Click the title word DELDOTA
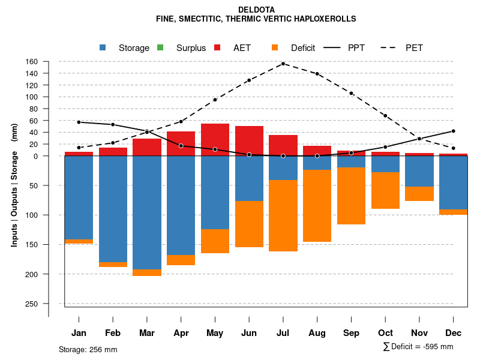[x=256, y=10]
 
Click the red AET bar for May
[x=215, y=139]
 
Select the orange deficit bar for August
[x=317, y=206]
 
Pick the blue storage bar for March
[x=147, y=212]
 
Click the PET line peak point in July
[x=283, y=64]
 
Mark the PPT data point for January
[x=79, y=122]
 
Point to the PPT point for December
[x=454, y=131]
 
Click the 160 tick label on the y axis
[x=32, y=61]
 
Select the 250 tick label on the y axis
[x=32, y=304]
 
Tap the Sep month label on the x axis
[x=352, y=333]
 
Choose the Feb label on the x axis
[x=113, y=333]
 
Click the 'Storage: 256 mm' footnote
[x=88, y=349]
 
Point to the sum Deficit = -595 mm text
[x=418, y=347]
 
